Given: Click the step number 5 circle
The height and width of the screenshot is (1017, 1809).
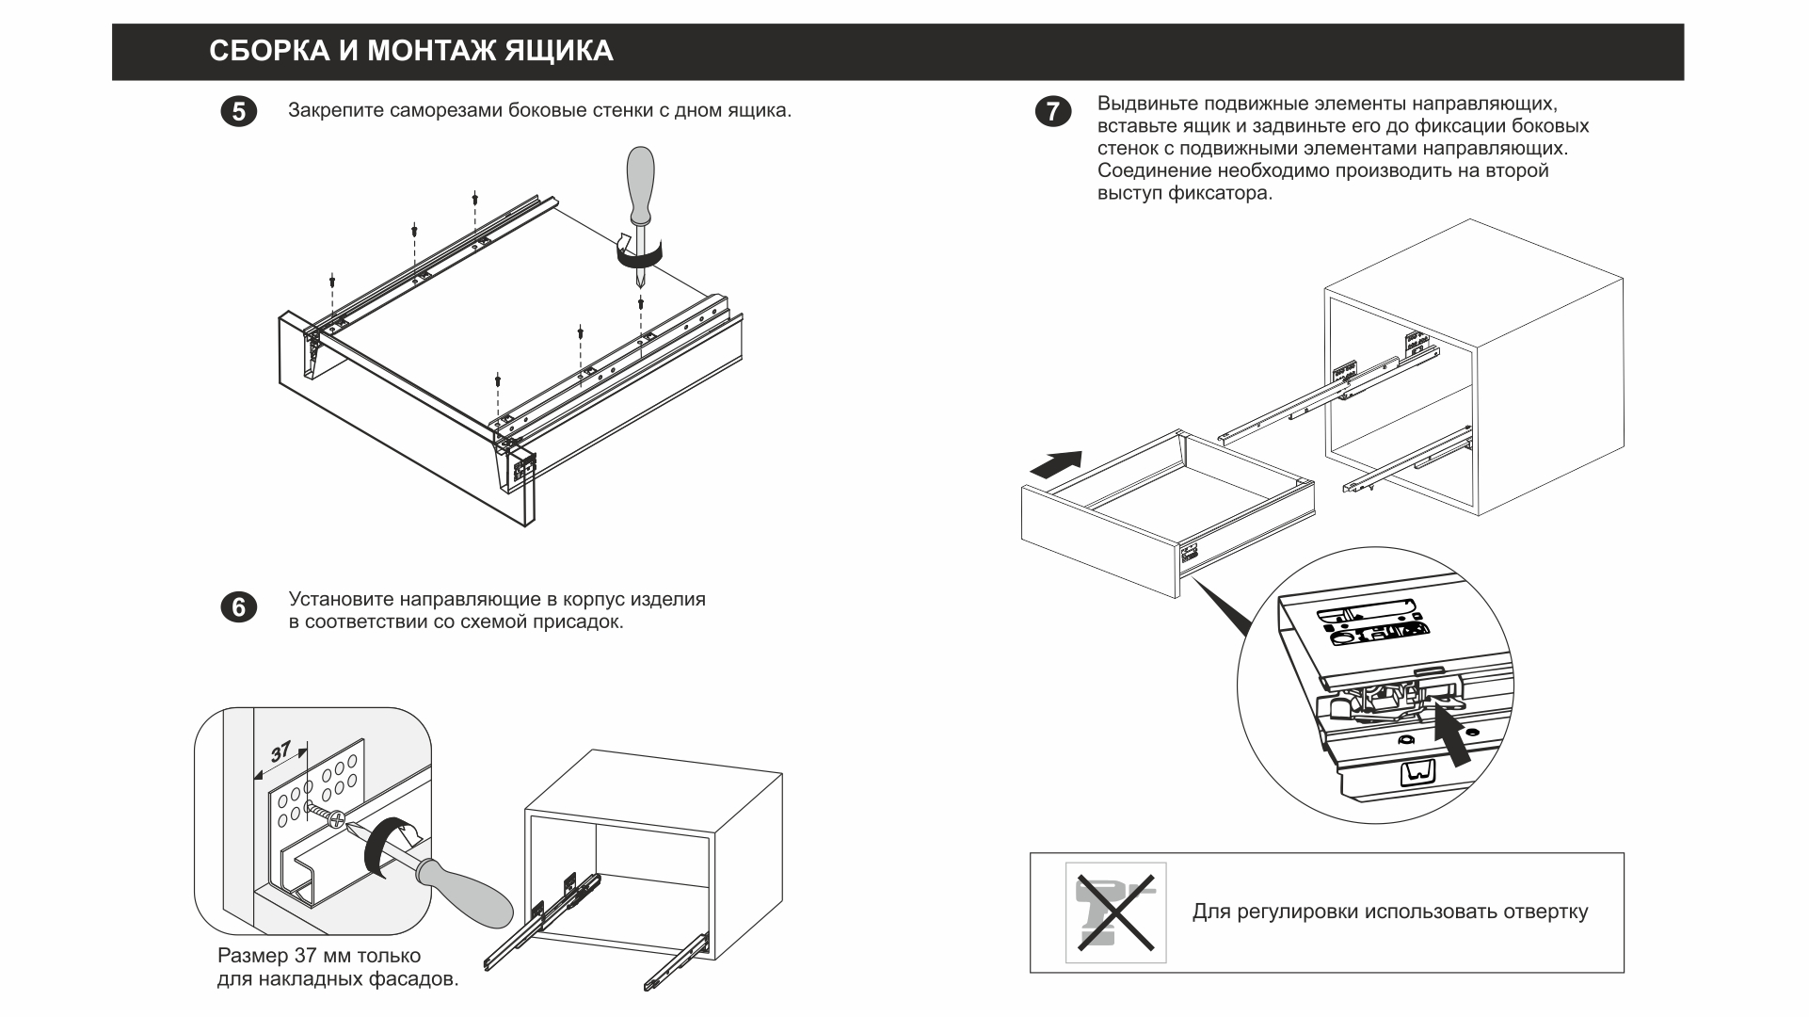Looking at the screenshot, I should [238, 112].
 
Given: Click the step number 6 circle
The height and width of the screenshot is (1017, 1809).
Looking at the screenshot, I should [238, 607].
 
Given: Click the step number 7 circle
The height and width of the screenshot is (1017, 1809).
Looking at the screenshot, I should [1051, 112].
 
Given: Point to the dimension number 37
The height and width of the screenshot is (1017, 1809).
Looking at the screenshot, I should [281, 752].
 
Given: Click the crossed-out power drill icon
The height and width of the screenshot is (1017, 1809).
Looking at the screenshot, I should [1115, 912].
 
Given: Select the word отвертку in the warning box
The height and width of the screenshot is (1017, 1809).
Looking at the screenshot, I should [1545, 912].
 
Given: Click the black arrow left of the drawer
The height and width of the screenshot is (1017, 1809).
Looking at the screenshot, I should [1056, 465].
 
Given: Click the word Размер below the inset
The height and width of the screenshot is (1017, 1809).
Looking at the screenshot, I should [252, 956].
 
